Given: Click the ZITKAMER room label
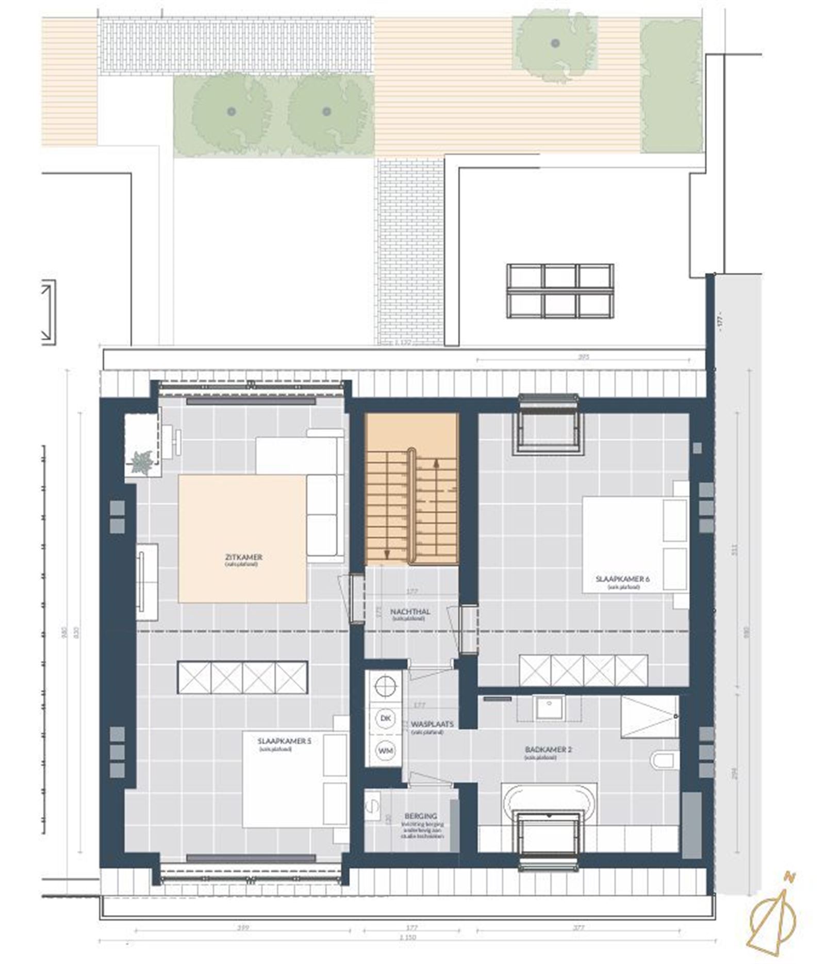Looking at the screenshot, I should [x=243, y=557].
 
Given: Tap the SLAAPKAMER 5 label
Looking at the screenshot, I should [x=285, y=741].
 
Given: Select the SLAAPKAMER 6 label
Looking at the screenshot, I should [x=622, y=579].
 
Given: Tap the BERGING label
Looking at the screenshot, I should [x=421, y=816].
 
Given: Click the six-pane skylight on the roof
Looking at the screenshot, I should [x=560, y=291].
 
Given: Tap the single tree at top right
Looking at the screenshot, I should [x=555, y=43].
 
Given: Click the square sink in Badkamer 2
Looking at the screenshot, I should [x=550, y=707].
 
